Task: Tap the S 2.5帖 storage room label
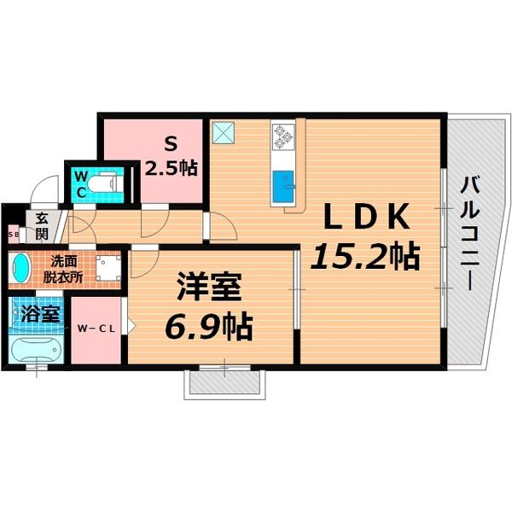coord(171,155)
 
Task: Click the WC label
coord(79,183)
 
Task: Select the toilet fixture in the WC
coord(107,183)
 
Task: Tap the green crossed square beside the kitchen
coord(227,131)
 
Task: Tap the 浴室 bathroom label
coord(38,312)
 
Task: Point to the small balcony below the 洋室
coord(224,384)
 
